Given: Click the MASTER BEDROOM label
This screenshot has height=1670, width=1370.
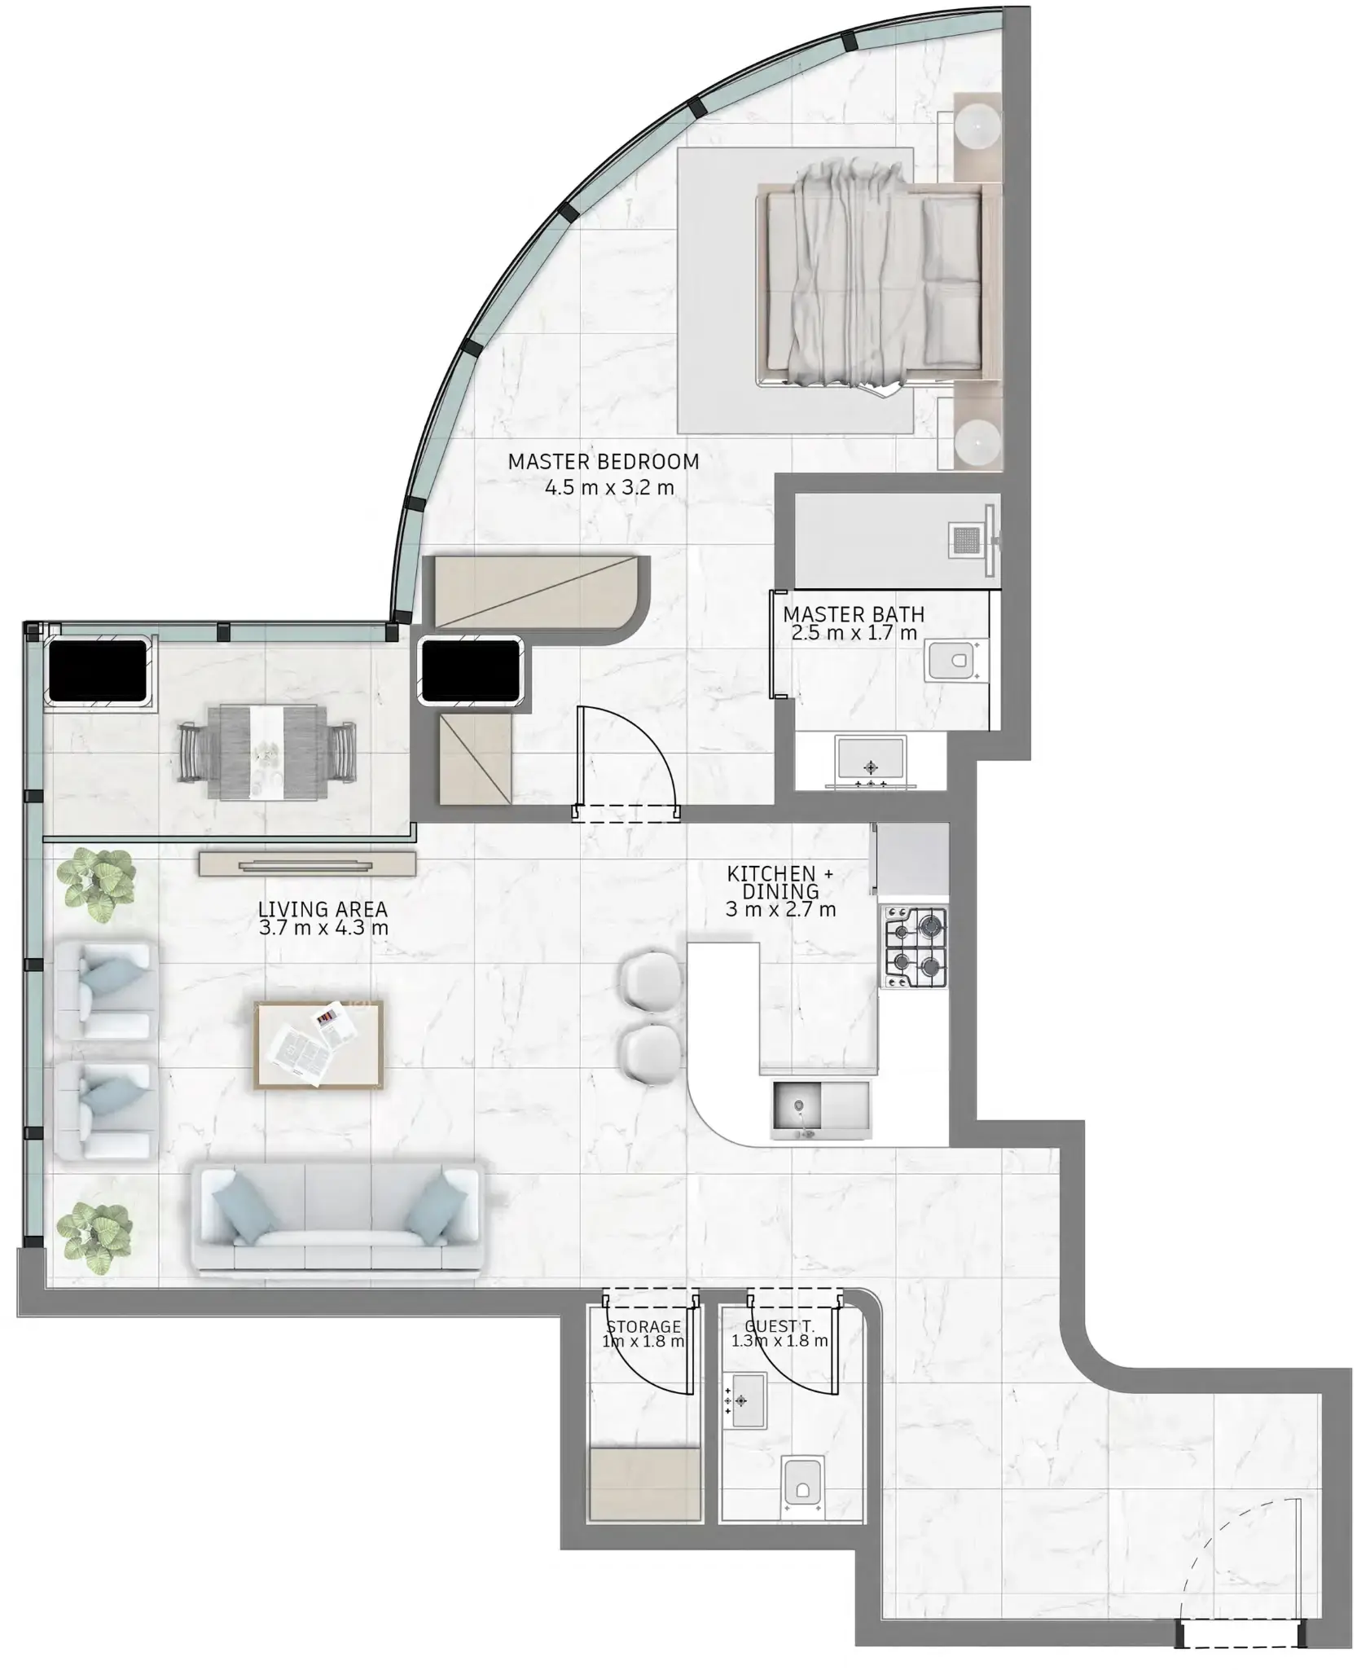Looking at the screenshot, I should click(x=604, y=462).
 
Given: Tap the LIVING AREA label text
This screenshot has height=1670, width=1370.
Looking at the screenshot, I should click(x=323, y=909).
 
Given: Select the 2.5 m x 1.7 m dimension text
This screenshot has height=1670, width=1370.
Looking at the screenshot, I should click(x=854, y=633).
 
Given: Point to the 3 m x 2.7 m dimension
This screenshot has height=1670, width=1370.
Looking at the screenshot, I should click(x=780, y=910).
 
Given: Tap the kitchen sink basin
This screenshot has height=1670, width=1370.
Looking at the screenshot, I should click(x=798, y=1107).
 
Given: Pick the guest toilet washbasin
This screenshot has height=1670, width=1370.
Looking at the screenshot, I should click(x=744, y=1400).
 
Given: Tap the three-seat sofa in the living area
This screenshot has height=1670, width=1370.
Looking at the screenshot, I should click(x=338, y=1220).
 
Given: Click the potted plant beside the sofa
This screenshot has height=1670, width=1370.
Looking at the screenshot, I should click(x=96, y=1235).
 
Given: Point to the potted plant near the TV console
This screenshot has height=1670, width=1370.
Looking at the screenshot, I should click(x=97, y=883).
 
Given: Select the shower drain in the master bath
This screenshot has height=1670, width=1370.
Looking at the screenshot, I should click(x=967, y=540).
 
